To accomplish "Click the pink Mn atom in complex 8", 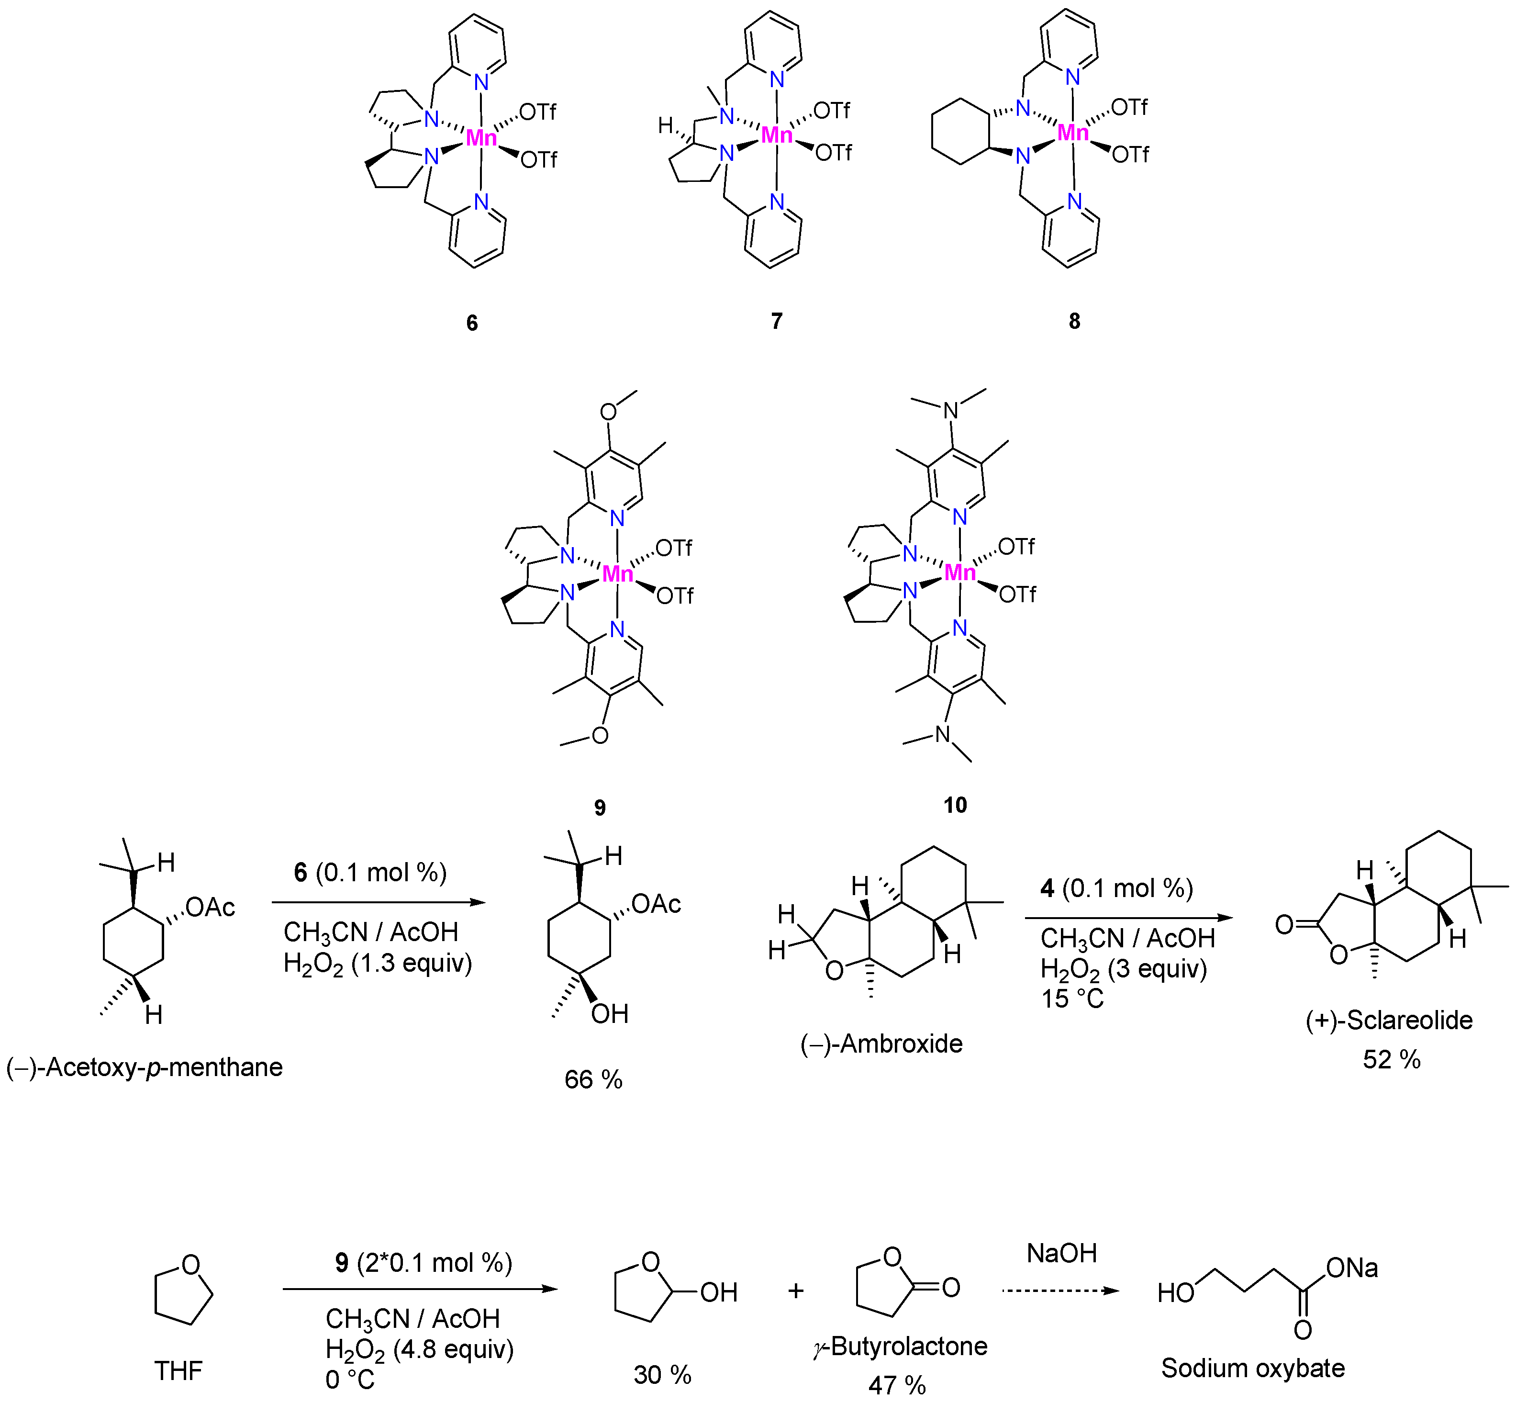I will (1073, 134).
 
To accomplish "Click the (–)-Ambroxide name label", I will (881, 1044).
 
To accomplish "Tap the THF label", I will (178, 1370).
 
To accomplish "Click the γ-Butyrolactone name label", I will (900, 1346).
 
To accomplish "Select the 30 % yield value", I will (662, 1374).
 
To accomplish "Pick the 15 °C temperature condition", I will (1072, 999).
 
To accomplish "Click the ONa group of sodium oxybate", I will (1351, 1268).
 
